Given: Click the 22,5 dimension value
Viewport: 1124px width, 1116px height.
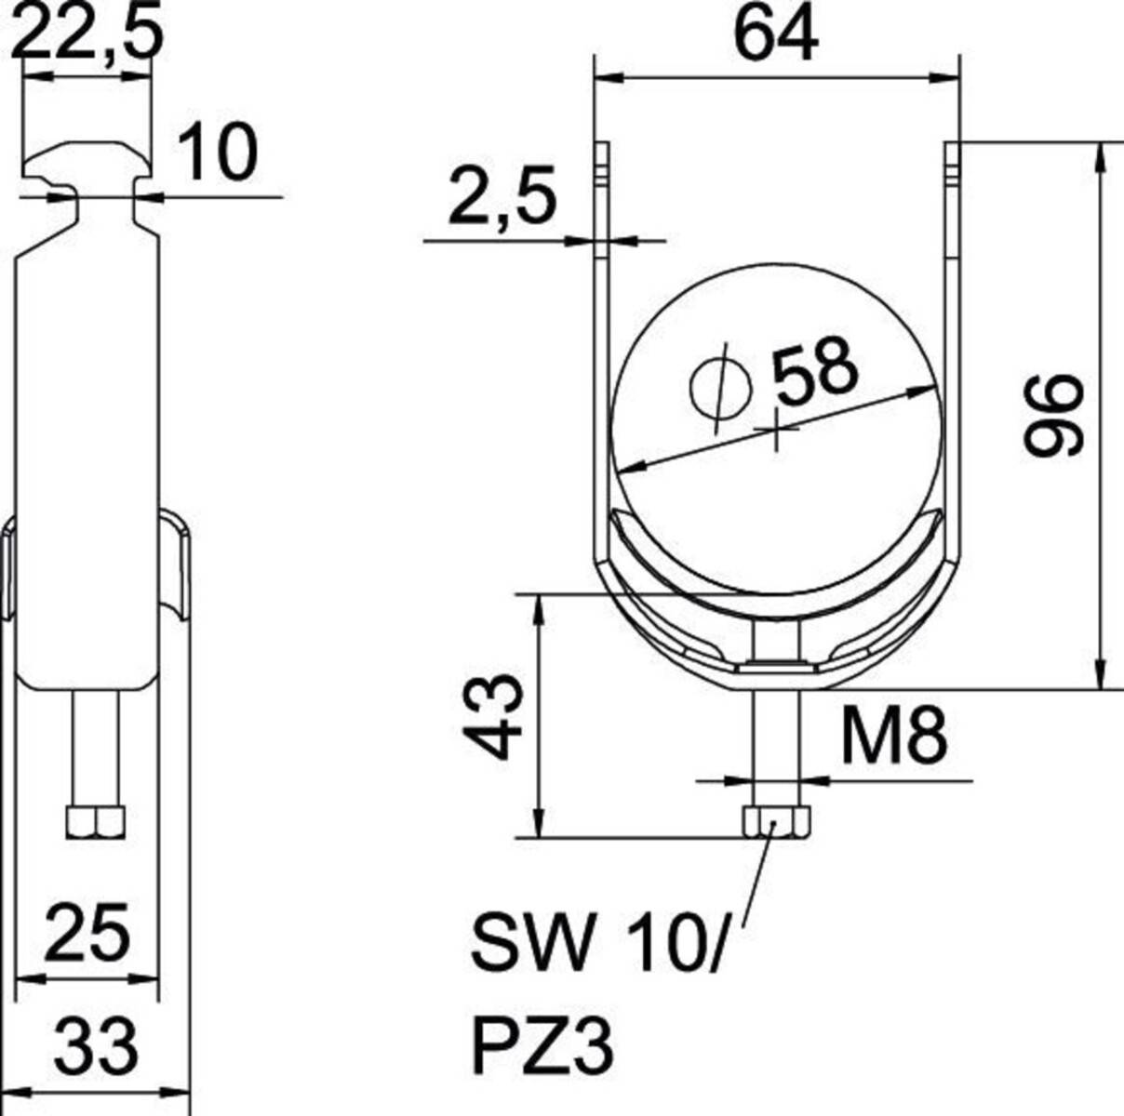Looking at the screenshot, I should [89, 33].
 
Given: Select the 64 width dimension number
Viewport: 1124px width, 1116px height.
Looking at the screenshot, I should [775, 34].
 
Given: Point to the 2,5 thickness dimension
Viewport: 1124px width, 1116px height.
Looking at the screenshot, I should [502, 196].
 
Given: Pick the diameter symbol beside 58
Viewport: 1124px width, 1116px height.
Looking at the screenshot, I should [720, 388].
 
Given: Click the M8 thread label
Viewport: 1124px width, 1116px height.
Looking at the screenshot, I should [894, 735].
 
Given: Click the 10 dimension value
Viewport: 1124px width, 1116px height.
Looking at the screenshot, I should [216, 153].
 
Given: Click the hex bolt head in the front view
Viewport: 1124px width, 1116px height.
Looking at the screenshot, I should [776, 821].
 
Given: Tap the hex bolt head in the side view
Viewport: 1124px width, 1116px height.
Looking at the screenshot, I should [96, 821].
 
